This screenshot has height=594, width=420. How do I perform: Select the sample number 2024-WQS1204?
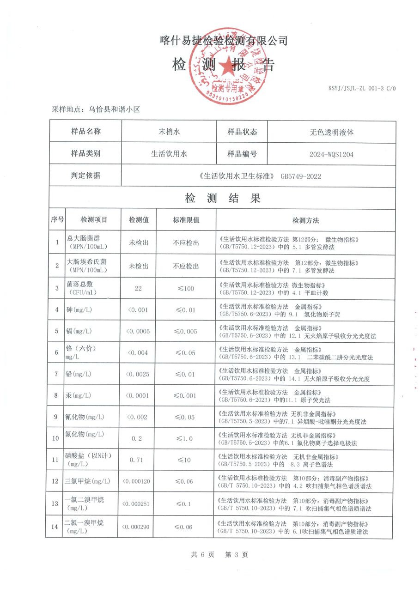(x=331, y=154)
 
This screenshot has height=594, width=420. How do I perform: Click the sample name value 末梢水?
(x=169, y=132)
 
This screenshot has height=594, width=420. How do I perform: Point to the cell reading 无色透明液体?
(x=331, y=132)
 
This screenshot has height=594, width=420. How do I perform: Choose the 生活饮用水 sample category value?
(x=169, y=154)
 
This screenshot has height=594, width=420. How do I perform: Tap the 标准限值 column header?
(x=186, y=220)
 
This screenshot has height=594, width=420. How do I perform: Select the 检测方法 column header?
(x=306, y=220)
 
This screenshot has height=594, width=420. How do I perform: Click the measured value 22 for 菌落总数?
(x=139, y=288)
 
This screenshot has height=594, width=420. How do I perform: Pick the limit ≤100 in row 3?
(x=186, y=288)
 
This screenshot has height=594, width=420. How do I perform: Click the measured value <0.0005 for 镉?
(x=138, y=331)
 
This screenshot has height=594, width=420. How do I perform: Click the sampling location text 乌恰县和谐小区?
(x=114, y=109)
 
